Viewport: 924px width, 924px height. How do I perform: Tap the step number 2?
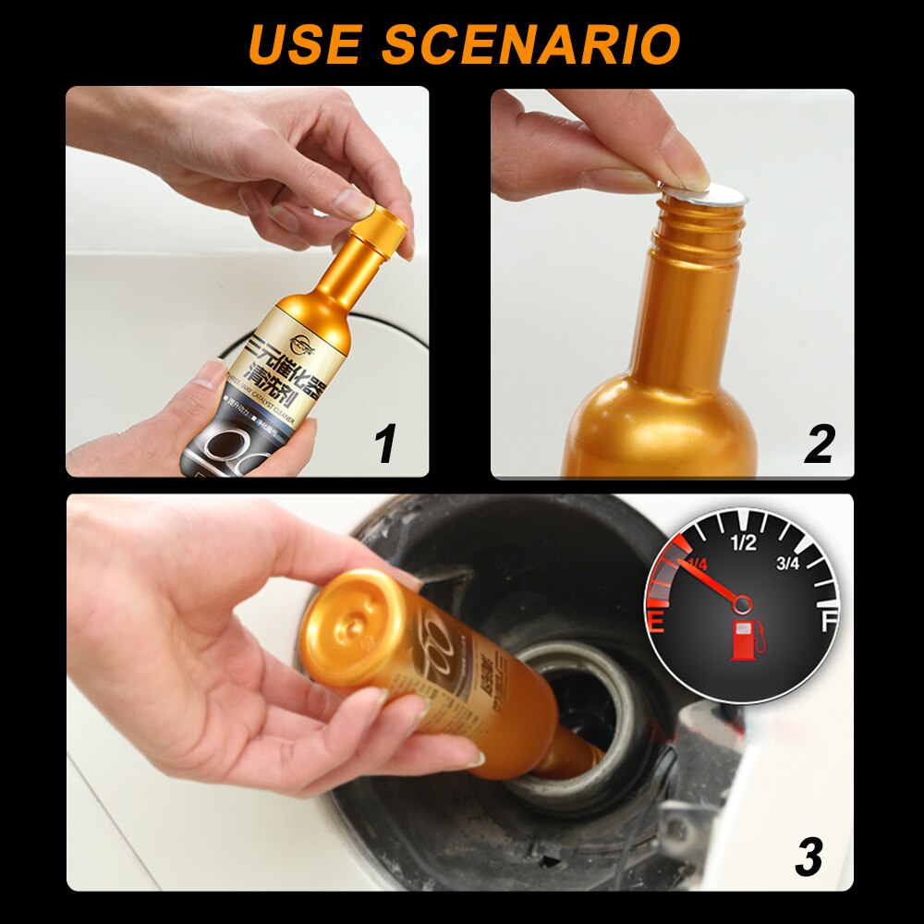pyautogui.click(x=819, y=444)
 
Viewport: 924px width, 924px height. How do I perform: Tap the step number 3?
pyautogui.click(x=808, y=857)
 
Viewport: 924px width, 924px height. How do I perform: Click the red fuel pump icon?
pyautogui.click(x=744, y=640)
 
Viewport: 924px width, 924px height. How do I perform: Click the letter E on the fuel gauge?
pyautogui.click(x=658, y=622)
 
